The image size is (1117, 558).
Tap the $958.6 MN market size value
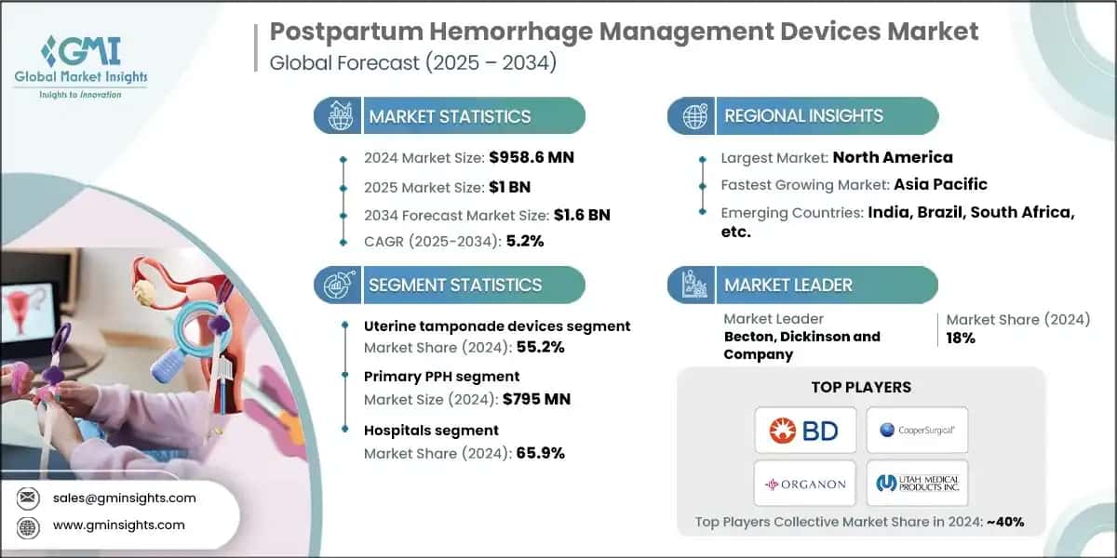tap(532, 157)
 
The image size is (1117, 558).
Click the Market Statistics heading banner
tap(451, 117)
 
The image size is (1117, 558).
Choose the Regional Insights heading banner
tap(803, 117)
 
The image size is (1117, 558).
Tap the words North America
tap(893, 157)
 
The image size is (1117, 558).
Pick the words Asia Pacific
tap(941, 184)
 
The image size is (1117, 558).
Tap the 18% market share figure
tap(961, 339)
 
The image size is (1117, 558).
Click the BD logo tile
tap(804, 430)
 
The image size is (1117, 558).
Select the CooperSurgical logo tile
tap(917, 430)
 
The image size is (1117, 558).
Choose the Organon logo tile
tap(804, 484)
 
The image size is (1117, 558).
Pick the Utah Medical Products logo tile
tap(917, 484)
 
